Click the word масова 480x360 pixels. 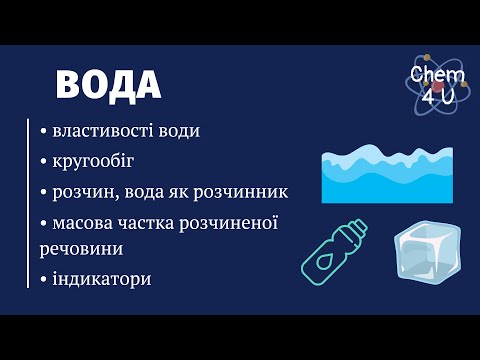click(x=83, y=220)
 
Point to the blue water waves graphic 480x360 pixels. click(x=387, y=175)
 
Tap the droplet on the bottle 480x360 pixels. click(x=326, y=256)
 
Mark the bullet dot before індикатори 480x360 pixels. click(x=44, y=278)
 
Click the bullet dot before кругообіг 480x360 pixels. click(x=44, y=161)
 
